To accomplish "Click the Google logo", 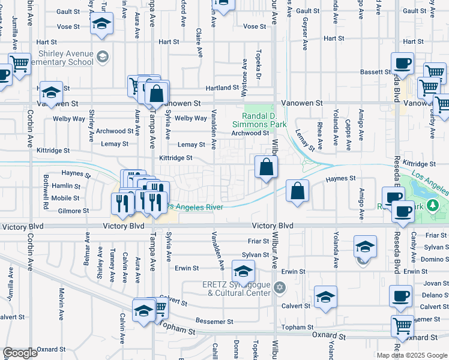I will coord(20,353).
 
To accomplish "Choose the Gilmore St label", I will coord(74,211).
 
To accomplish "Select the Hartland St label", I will coord(223,88).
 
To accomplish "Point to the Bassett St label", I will coord(375,72).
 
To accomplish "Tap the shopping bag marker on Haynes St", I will coord(297,191).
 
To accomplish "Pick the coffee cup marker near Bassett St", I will coord(402,63).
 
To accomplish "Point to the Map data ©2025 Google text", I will coord(412,355).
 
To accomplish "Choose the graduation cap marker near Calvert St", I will coord(325,296).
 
